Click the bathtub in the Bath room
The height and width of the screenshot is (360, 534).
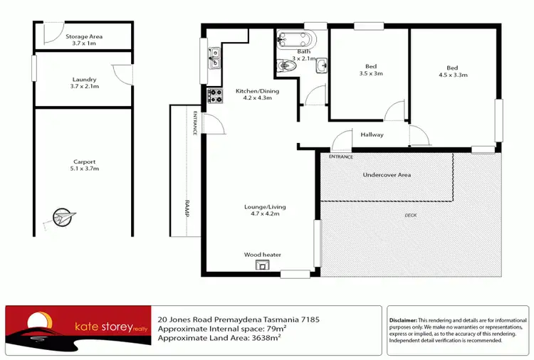[x=298, y=39]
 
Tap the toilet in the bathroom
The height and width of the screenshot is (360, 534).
[x=286, y=66]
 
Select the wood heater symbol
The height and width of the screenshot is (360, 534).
[x=263, y=266]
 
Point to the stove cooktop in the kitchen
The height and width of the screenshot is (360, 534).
[x=212, y=95]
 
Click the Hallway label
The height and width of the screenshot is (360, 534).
[x=372, y=134]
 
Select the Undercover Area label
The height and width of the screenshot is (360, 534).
[x=387, y=175]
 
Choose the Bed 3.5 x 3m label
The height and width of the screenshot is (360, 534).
[x=370, y=70]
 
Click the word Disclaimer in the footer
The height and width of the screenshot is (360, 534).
[x=404, y=320]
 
